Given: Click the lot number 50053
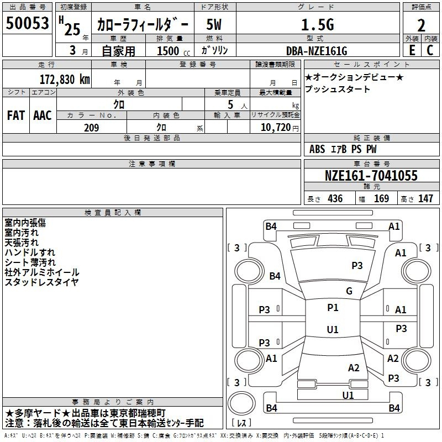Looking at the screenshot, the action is (27, 23).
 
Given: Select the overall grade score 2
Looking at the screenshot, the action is (421, 25).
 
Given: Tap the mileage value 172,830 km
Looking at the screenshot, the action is (65, 80).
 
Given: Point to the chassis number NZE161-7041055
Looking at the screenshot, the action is (371, 175).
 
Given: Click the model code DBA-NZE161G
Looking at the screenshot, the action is (317, 51).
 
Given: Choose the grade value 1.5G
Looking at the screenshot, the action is (318, 24).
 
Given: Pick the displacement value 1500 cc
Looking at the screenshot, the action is (173, 51).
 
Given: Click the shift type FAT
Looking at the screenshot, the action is (16, 115).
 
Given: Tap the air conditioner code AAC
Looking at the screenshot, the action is (43, 115).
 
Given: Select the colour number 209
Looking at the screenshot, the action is (91, 128).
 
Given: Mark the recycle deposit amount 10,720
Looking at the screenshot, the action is (276, 128).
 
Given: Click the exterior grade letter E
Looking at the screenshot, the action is (412, 50).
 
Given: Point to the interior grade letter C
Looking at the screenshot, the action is (430, 50).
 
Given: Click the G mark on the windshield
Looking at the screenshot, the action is (349, 291).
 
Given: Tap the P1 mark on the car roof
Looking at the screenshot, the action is (333, 308).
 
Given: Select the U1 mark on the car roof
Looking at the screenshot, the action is (333, 329).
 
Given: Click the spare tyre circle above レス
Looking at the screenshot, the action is (241, 403).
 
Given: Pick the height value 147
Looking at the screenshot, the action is (425, 198).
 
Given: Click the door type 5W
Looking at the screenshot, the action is (214, 24).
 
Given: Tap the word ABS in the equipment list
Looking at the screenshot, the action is (317, 149).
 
